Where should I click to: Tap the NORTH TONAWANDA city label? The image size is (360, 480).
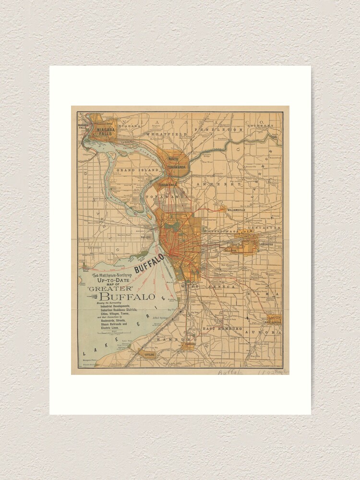[x=173, y=163]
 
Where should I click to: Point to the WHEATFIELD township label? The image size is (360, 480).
[x=166, y=134]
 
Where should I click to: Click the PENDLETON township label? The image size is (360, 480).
[x=225, y=130]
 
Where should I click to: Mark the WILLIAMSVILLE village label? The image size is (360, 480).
[x=240, y=210]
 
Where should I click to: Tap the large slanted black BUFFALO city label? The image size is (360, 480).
[x=149, y=263]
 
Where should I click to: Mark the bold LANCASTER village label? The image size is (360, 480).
[x=266, y=244]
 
